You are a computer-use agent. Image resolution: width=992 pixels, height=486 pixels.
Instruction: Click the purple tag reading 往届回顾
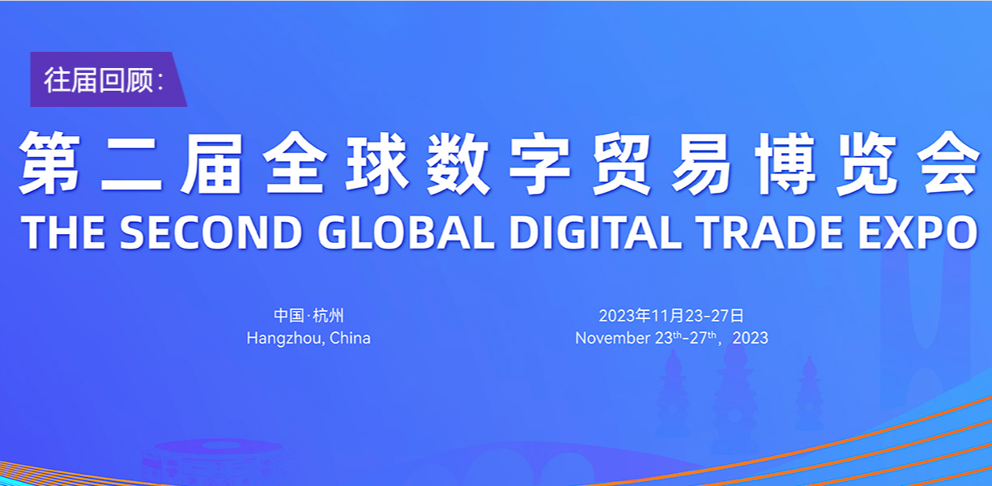tap(109, 79)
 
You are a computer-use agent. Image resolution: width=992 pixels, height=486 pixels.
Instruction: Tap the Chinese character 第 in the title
tap(49, 163)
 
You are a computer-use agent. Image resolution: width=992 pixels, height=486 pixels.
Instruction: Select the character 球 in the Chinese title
tap(377, 163)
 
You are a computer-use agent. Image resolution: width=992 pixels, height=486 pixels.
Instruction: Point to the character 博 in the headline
tap(786, 163)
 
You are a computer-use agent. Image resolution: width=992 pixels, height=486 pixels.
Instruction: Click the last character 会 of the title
tap(948, 163)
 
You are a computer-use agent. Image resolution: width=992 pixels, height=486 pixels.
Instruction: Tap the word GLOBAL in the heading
tap(406, 232)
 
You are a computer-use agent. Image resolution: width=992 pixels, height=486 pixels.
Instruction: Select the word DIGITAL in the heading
tap(595, 232)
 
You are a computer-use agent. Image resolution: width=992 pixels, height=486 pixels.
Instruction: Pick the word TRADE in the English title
tap(768, 232)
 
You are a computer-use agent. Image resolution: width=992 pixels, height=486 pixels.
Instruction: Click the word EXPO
tap(917, 232)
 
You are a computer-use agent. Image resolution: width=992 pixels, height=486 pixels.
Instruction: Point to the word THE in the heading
tap(63, 232)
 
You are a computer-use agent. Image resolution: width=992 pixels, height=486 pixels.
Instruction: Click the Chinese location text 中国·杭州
tap(309, 315)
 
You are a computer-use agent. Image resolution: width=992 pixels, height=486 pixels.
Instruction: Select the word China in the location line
tap(350, 338)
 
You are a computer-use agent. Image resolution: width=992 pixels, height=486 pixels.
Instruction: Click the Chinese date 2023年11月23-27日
tap(671, 315)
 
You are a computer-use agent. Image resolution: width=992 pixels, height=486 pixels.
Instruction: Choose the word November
tap(613, 338)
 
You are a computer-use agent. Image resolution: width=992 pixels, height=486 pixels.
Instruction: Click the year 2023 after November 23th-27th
tap(750, 338)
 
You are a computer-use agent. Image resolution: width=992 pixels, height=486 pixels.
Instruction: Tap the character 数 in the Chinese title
tap(458, 163)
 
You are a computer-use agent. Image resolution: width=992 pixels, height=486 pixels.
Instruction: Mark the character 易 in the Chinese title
tap(703, 163)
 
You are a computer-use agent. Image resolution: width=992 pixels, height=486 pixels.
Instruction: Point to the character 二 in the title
tap(131, 163)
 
